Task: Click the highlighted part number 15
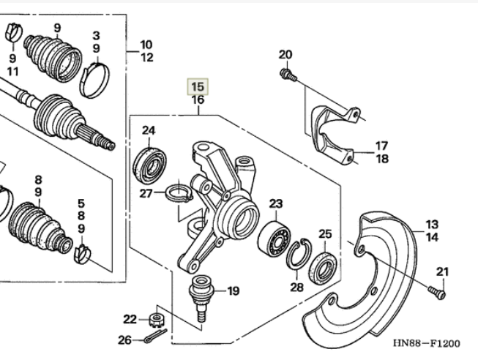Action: [x=197, y=86]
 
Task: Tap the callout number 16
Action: [x=197, y=100]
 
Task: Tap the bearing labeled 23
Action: [x=275, y=236]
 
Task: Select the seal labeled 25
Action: [x=323, y=265]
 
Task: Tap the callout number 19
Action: [x=233, y=291]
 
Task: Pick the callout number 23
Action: [x=275, y=203]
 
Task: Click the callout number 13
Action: [x=431, y=224]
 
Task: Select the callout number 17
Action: [x=382, y=146]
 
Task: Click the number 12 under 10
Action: [x=147, y=58]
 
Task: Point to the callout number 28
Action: [x=296, y=288]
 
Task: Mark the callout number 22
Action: [x=130, y=318]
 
